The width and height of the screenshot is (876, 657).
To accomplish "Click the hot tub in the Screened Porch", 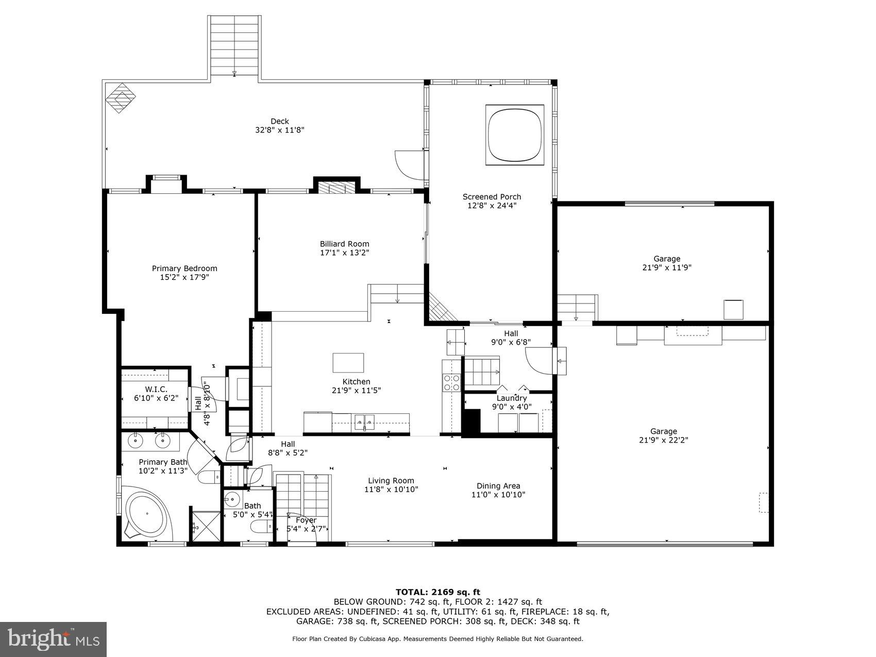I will (x=515, y=134).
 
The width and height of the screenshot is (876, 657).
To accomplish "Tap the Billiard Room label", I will (x=344, y=244).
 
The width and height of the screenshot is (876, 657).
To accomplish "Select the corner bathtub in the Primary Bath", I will (x=148, y=514).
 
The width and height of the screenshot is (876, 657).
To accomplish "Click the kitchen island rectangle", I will (x=348, y=362).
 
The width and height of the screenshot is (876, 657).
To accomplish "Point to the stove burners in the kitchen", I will (x=452, y=382).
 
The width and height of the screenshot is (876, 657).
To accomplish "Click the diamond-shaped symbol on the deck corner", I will (x=121, y=98).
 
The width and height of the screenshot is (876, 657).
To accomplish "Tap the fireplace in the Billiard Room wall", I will (x=337, y=187).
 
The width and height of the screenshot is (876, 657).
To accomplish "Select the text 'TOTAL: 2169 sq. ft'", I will (x=437, y=592).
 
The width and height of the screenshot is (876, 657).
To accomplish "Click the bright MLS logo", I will (x=53, y=639).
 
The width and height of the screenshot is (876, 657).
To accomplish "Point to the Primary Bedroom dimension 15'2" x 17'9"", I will (x=184, y=277).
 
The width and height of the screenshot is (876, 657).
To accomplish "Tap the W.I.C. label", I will (x=156, y=389).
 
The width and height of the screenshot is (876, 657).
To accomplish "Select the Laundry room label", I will (x=511, y=398).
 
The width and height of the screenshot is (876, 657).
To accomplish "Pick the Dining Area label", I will (x=498, y=485).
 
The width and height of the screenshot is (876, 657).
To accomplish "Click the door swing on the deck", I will (x=410, y=163).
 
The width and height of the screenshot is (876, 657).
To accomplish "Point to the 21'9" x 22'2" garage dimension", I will (x=663, y=440).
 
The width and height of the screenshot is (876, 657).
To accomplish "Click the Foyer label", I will (x=306, y=520).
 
